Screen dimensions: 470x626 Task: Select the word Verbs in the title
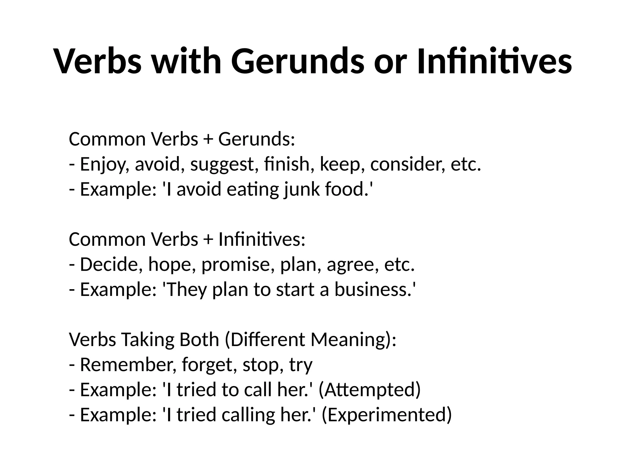[98, 61]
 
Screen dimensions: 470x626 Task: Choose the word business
[373, 289]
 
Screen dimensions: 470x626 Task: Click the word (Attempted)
[370, 390]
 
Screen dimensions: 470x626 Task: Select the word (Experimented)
[387, 415]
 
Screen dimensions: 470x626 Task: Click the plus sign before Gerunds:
[208, 140]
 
